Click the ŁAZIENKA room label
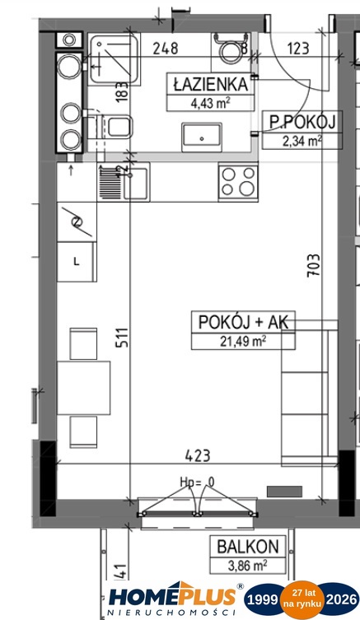[x=210, y=84]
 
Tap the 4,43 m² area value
[x=210, y=104]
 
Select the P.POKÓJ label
[x=302, y=122]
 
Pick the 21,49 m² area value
[x=243, y=341]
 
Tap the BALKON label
[x=248, y=547]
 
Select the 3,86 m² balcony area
[x=247, y=566]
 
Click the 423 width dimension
[x=198, y=455]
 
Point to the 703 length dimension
[x=314, y=265]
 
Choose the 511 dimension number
[x=122, y=337]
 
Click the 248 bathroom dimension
[x=166, y=49]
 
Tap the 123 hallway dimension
[x=298, y=49]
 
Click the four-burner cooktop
[x=238, y=181]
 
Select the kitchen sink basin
[x=136, y=184]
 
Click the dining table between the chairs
[x=83, y=388]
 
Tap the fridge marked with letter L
[x=77, y=262]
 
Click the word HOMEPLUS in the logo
[x=172, y=596]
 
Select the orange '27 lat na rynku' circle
[x=302, y=599]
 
